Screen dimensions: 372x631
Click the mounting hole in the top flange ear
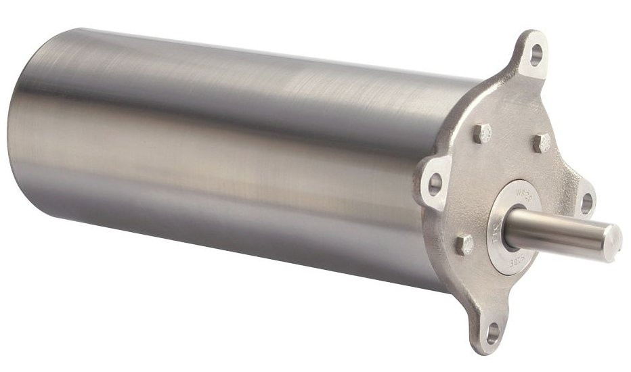[536, 53]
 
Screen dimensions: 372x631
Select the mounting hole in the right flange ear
[586, 202]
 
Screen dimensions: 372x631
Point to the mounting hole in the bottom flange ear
[492, 332]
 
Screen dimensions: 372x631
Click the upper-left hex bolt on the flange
[482, 133]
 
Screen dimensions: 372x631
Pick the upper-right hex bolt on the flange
[542, 143]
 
